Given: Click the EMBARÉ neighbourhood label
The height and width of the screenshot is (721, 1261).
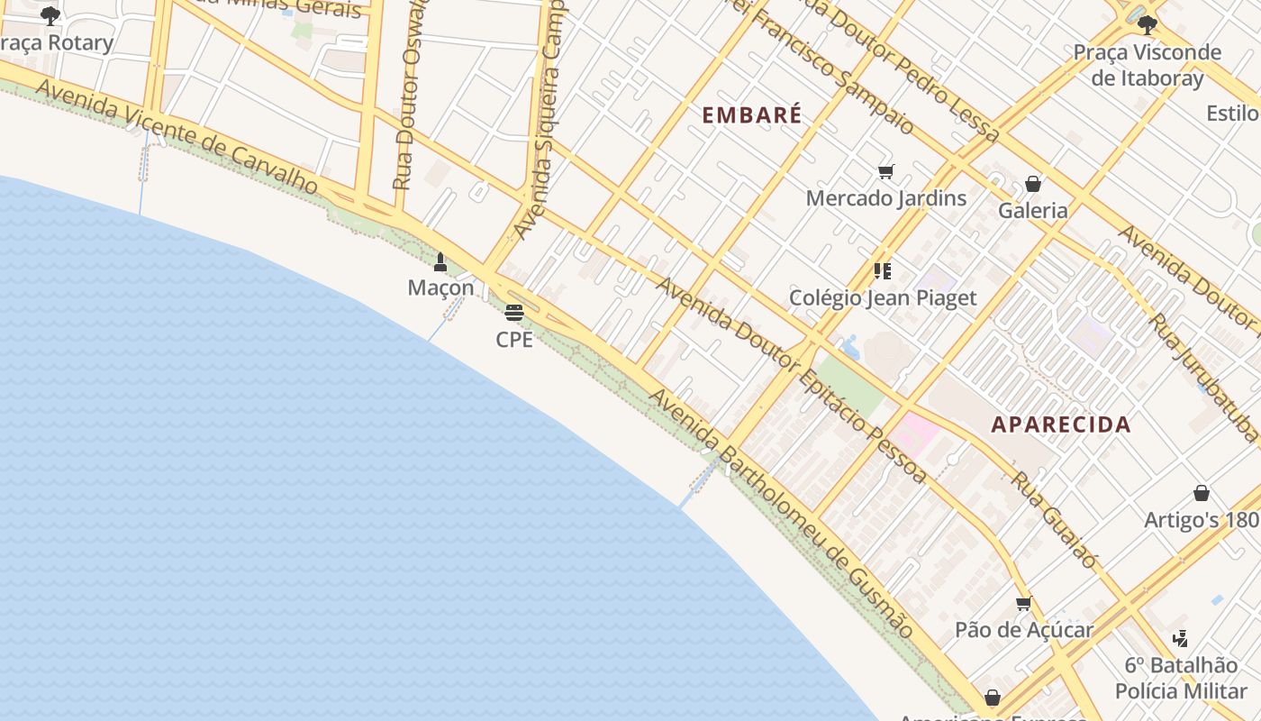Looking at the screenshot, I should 751,115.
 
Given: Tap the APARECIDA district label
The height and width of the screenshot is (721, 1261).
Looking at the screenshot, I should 1060,424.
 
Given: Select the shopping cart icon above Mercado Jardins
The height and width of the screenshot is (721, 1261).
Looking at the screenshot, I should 886,171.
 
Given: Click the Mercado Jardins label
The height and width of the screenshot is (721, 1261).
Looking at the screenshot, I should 886,198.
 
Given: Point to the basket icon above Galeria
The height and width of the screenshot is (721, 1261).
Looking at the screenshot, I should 1033,184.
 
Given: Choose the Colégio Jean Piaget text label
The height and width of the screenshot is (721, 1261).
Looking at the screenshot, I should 883,298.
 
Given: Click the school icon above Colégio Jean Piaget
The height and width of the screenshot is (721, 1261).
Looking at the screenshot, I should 883,270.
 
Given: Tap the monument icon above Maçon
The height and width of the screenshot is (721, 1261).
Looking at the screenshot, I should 440,262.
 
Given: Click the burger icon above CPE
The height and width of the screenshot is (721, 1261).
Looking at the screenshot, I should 514,313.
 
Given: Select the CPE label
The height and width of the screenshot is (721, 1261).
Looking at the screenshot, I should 514,340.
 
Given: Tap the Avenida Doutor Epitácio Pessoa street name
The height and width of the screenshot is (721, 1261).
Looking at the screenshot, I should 791,379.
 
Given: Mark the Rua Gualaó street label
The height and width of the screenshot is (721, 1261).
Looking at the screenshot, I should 1054,520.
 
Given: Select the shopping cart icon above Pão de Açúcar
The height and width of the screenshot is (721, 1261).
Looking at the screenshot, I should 1023,603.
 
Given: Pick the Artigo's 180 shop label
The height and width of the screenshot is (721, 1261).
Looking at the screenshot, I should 1201,520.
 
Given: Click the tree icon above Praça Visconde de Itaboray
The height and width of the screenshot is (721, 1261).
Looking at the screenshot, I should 1147,24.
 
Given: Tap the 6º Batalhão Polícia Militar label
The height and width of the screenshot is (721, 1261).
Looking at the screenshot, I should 1181,678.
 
